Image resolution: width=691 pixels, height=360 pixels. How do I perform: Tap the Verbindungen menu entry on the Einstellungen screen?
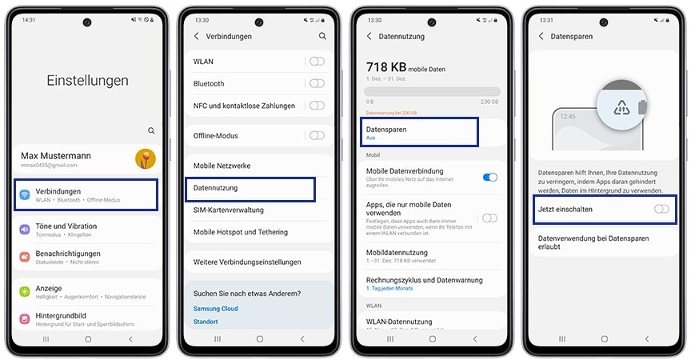pyautogui.click(x=86, y=194)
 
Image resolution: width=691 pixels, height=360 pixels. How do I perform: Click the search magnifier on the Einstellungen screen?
pyautogui.click(x=151, y=130)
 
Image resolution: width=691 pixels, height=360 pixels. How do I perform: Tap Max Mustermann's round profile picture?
pyautogui.click(x=146, y=158)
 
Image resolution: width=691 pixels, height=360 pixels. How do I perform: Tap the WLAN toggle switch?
pyautogui.click(x=318, y=62)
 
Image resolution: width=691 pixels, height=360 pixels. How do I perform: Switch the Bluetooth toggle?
pyautogui.click(x=318, y=83)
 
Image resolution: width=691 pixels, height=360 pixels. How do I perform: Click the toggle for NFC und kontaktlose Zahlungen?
pyautogui.click(x=318, y=106)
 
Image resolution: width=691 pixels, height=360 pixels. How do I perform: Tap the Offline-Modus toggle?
pyautogui.click(x=318, y=136)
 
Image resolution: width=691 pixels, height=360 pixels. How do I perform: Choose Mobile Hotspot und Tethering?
pyautogui.click(x=241, y=232)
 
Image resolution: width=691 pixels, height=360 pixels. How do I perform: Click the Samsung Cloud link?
pyautogui.click(x=215, y=309)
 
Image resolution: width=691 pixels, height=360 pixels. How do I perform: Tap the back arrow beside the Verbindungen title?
pyautogui.click(x=197, y=36)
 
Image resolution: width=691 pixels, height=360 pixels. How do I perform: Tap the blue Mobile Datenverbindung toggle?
pyautogui.click(x=490, y=178)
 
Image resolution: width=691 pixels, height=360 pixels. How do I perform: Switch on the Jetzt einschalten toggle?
pyautogui.click(x=661, y=209)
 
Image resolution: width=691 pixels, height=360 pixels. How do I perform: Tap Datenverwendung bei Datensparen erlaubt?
pyautogui.click(x=593, y=242)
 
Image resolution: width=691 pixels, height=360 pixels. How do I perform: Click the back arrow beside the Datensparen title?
pyautogui.click(x=541, y=36)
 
